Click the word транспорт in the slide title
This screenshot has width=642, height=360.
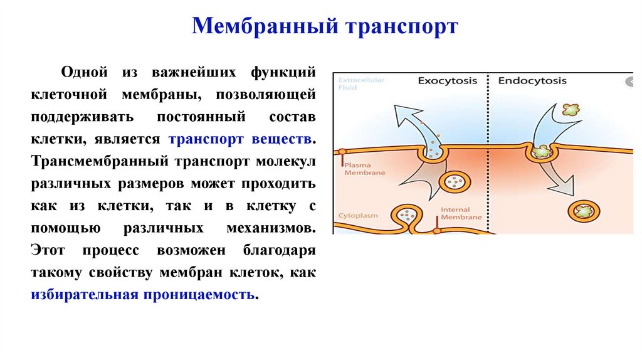coord(400,27)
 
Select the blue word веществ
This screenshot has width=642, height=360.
coord(282,139)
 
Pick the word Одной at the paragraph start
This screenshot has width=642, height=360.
coord(80,72)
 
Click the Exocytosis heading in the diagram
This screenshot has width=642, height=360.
coord(447,80)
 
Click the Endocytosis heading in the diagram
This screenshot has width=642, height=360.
coord(532,80)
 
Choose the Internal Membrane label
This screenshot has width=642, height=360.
coord(461,213)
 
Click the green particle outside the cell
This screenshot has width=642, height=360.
coord(571,110)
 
